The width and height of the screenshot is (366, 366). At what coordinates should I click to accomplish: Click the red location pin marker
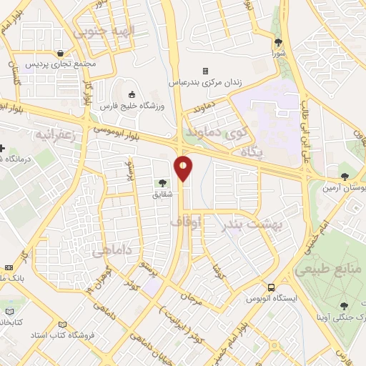(184, 168)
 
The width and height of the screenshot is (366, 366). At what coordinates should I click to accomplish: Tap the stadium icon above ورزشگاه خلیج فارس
(132, 94)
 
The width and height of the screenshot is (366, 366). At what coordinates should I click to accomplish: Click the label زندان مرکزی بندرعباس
(206, 82)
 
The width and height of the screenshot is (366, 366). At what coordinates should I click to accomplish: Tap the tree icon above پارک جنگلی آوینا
(346, 305)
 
